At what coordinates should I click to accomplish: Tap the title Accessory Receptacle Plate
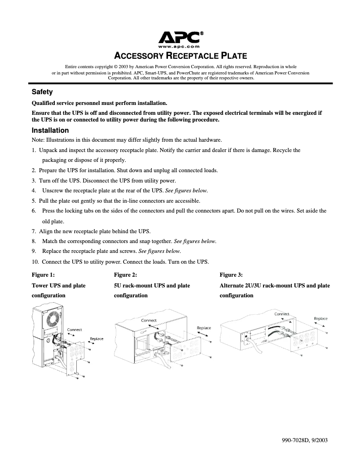pos(181,56)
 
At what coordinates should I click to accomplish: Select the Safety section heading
pos(42,92)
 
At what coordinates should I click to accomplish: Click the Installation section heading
pos(50,130)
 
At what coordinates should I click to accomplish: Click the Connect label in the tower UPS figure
pos(75,330)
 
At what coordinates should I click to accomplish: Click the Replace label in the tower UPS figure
pos(97,339)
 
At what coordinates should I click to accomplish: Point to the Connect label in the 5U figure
pos(149,320)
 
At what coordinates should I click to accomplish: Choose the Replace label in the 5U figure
pos(204,328)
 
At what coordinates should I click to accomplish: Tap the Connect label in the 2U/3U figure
pos(282,314)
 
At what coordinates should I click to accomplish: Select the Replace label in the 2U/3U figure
pos(320,318)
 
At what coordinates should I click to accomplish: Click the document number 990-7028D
pos(294,440)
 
